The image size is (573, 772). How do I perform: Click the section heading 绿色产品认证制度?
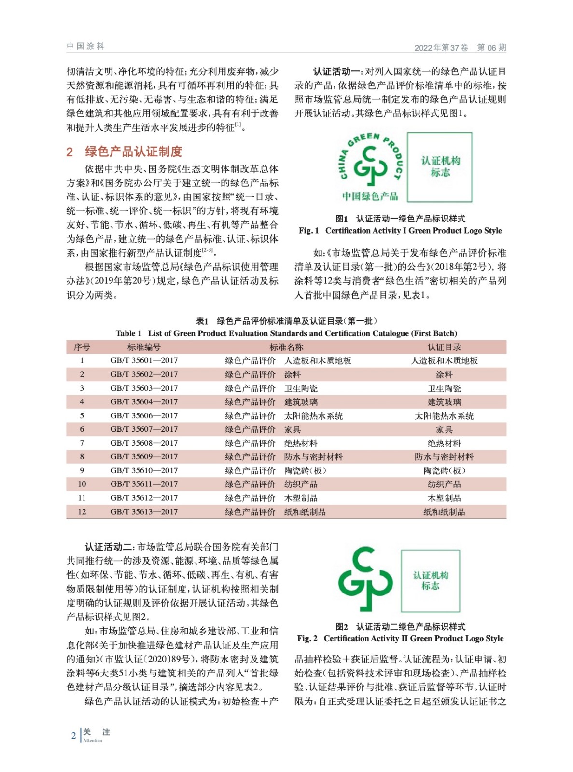click(x=133, y=152)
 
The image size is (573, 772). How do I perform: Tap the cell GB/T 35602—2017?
click(x=144, y=374)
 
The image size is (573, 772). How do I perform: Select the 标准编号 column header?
click(x=144, y=347)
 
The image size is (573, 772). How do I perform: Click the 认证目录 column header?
click(x=444, y=347)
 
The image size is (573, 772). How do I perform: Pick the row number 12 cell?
click(x=82, y=512)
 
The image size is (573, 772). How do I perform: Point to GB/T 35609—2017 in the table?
click(x=144, y=457)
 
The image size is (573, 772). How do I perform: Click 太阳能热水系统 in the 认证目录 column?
click(x=444, y=416)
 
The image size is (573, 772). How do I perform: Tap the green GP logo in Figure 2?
click(x=365, y=579)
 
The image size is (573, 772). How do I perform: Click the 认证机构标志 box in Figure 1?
click(x=439, y=167)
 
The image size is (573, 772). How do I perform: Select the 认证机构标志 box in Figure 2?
click(x=431, y=581)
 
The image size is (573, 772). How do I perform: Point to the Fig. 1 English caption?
click(x=400, y=231)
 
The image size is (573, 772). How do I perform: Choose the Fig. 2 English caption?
click(x=400, y=639)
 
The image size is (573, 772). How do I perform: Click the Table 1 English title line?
click(x=286, y=333)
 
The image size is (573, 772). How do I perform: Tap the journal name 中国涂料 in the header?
click(x=86, y=46)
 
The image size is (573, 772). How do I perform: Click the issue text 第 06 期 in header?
click(x=491, y=48)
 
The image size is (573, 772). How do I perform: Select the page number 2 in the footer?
click(x=73, y=736)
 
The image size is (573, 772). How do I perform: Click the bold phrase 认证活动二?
click(x=110, y=547)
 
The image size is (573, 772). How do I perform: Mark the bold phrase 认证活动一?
click(x=337, y=72)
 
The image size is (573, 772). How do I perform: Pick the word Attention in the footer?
click(x=93, y=741)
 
